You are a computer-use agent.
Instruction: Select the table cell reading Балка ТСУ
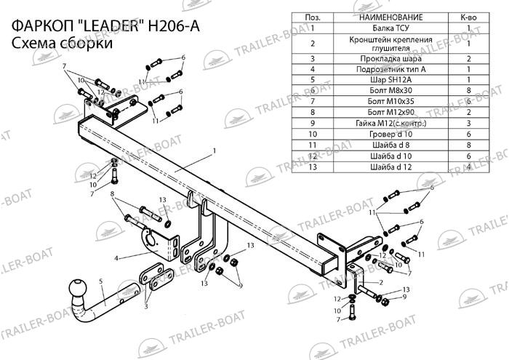(x=390, y=28)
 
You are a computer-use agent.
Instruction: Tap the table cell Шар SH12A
(x=390, y=79)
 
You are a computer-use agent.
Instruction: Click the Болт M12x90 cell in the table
(x=390, y=112)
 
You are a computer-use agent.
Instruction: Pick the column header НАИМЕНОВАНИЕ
(x=390, y=17)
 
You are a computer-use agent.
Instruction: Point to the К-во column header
(x=468, y=17)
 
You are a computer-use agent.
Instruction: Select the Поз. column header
(x=313, y=17)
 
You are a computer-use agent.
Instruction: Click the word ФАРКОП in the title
(x=43, y=26)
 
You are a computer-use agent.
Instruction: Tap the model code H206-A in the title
(x=174, y=26)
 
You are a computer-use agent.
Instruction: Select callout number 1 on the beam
(x=215, y=151)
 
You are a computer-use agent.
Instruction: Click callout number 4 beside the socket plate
(x=116, y=259)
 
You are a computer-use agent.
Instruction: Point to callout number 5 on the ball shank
(x=101, y=281)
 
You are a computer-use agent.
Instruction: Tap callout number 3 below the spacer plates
(x=146, y=306)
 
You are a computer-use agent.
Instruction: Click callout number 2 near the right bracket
(x=381, y=282)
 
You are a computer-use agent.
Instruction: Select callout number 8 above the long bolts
(x=112, y=193)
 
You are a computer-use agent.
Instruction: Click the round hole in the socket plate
(x=151, y=240)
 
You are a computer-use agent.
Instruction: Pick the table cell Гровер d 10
(x=390, y=134)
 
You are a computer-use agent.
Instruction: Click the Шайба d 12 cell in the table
(x=390, y=167)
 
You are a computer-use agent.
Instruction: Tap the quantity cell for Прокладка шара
(x=468, y=59)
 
